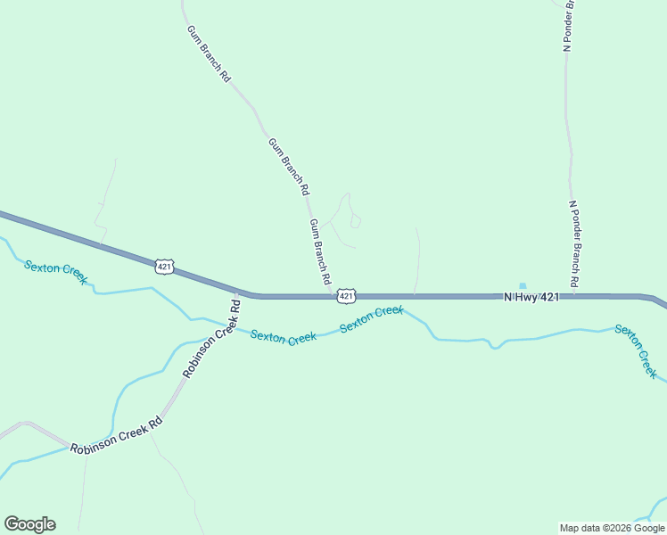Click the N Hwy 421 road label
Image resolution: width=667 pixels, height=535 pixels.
click(x=531, y=297)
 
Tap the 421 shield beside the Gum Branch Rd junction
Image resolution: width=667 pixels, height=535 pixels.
click(x=347, y=294)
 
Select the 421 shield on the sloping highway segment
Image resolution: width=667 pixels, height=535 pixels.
click(x=163, y=267)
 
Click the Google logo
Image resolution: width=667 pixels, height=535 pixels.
click(x=29, y=524)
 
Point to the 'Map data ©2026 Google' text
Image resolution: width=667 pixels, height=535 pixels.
click(x=612, y=528)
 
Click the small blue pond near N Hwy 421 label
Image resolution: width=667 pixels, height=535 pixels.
click(x=523, y=286)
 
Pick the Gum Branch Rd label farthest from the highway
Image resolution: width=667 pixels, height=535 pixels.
click(x=209, y=53)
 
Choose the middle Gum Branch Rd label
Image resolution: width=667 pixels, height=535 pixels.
click(x=289, y=166)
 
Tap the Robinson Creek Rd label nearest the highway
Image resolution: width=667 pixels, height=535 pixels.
click(x=212, y=338)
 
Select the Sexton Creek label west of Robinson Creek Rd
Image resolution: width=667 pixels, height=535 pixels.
click(x=55, y=271)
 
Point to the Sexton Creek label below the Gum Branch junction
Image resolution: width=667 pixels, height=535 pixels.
click(x=372, y=319)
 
